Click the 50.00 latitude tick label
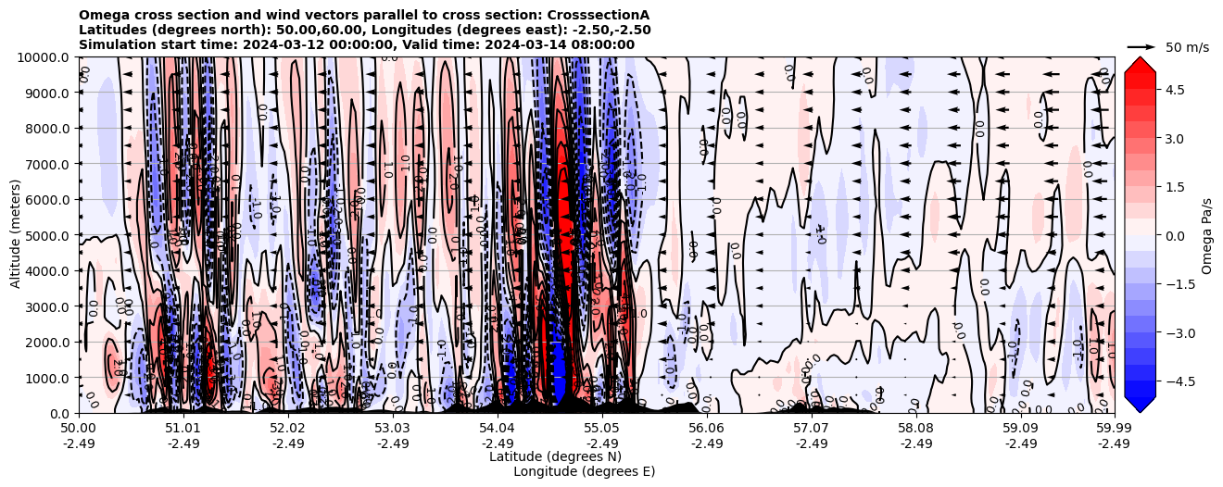pos(79,429)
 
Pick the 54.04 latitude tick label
pos(497,429)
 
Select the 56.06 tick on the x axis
pos(706,429)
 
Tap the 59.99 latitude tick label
pos(1114,429)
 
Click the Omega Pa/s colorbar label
pos(1207,235)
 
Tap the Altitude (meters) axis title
pos(16,235)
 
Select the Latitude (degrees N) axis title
pos(555,456)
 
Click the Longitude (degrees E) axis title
pos(584,471)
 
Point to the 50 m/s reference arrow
pos(1141,46)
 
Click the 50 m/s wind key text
pos(1187,47)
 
